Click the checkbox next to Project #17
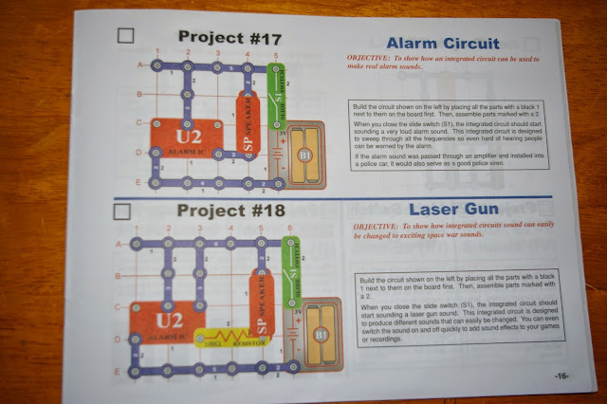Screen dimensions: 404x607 125,37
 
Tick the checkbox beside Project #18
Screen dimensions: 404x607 121,212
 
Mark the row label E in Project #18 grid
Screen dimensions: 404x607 118,371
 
